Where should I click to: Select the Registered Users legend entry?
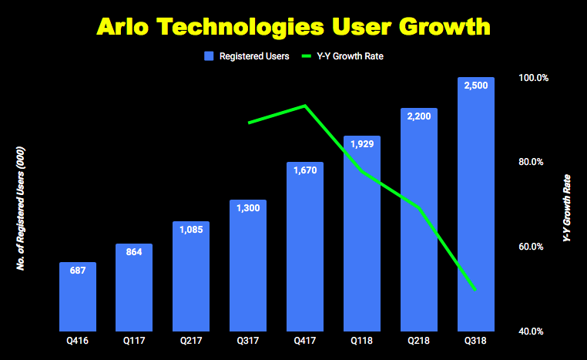pos(247,56)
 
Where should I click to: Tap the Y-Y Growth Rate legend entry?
pos(346,56)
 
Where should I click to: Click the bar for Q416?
pos(78,297)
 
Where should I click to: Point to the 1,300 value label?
pos(248,210)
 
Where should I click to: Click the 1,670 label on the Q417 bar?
pos(305,171)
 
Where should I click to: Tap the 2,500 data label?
pos(475,86)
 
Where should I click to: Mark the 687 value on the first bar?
pos(78,271)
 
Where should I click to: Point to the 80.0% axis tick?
pos(532,162)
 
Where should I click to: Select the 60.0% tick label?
pos(532,247)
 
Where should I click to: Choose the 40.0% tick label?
pos(532,331)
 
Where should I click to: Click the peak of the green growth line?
pos(305,106)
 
